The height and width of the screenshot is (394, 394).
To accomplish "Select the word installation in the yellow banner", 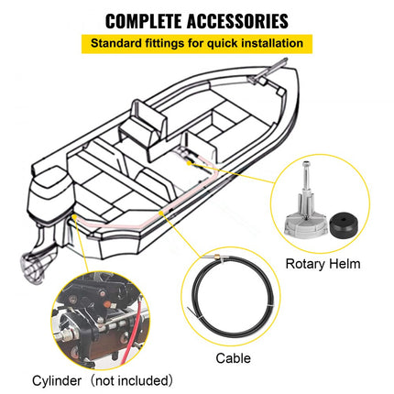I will (x=274, y=42).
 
